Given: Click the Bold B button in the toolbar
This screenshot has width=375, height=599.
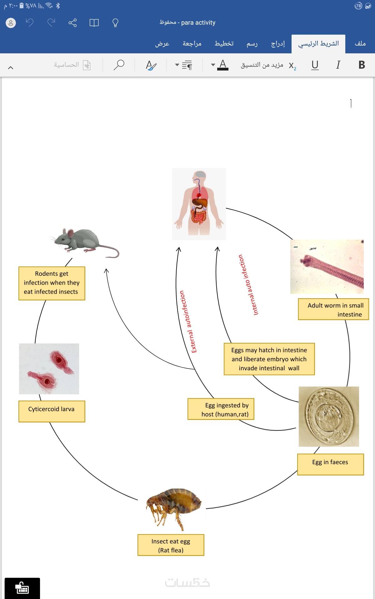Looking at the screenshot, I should click(362, 65).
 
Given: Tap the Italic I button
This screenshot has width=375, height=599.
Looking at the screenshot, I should click(338, 65).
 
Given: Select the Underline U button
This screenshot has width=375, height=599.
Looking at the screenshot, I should click(315, 65).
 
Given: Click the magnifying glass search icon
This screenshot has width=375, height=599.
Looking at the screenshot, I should click(119, 65).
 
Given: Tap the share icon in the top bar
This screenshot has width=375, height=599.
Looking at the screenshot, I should click(72, 23).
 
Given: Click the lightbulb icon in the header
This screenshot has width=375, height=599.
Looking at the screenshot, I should click(115, 23).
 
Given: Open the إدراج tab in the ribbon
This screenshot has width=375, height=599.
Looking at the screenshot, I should click(278, 44).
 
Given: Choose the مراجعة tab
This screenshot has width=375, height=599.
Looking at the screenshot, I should click(192, 44).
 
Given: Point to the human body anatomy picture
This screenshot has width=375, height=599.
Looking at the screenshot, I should click(199, 204).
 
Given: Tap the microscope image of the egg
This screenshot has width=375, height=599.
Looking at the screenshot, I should click(329, 416).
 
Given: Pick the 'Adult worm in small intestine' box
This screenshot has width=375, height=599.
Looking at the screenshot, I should click(333, 309).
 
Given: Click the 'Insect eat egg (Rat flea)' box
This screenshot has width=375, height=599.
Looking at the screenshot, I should click(171, 545).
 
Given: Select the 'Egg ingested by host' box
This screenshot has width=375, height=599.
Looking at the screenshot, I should click(221, 409).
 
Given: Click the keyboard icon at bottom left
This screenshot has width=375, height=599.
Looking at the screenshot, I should click(22, 588).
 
